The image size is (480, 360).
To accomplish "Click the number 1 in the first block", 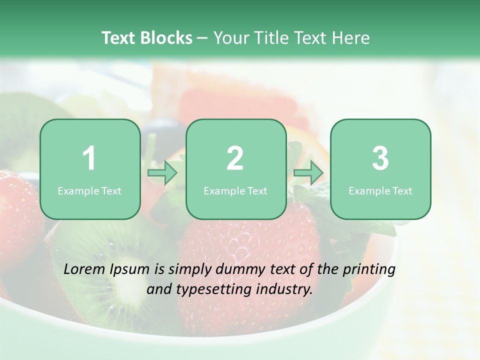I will point(89,158).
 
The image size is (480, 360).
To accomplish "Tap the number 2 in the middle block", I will point(235,158).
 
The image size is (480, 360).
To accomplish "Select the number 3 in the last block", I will point(380,158).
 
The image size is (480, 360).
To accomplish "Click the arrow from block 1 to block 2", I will point(163,173).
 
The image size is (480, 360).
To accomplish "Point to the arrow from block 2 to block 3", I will point(308,173).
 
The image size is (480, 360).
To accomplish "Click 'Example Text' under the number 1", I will point(89,190).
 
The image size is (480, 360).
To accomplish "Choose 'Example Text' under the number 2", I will point(235,190).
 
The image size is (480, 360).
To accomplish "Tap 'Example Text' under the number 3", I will point(380,190).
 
